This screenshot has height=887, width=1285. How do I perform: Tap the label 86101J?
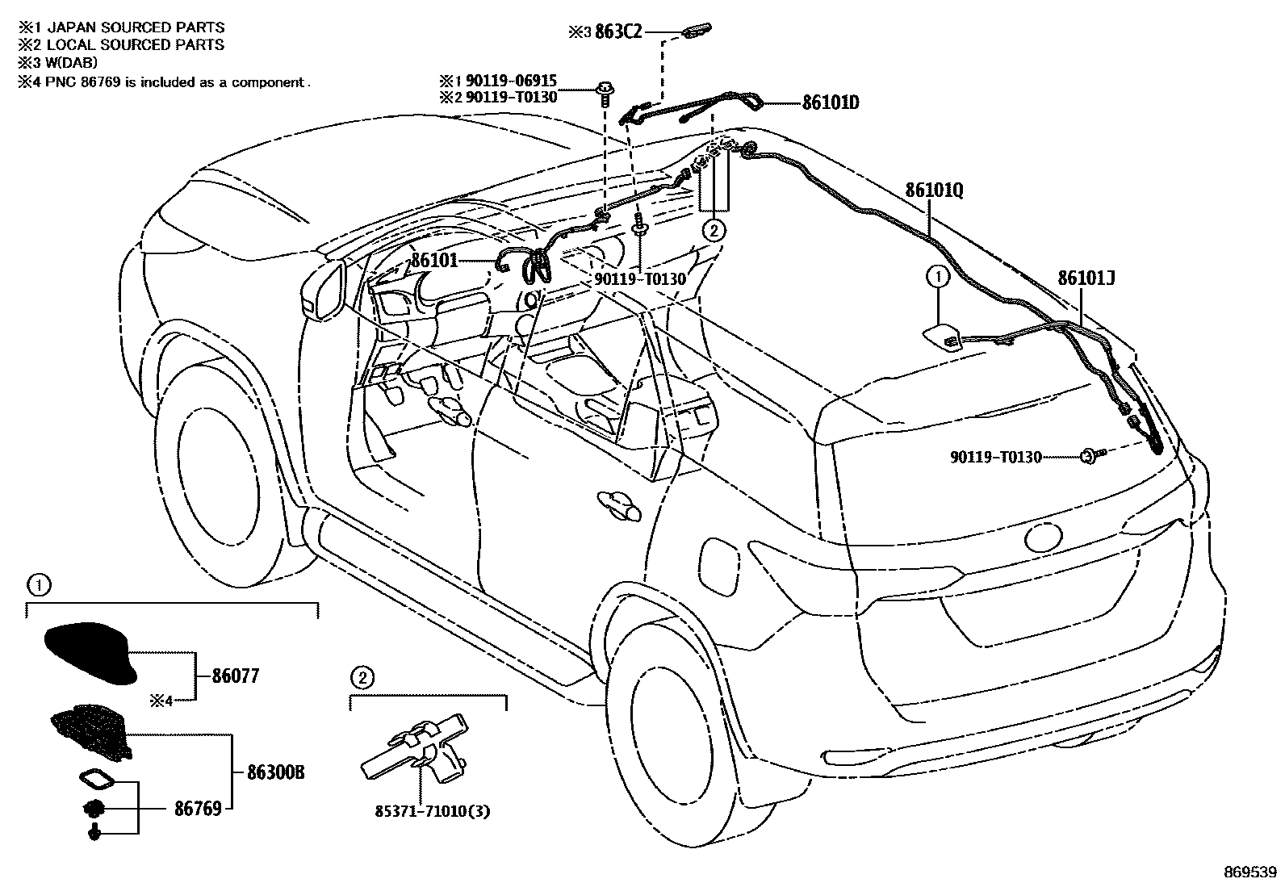coord(1086,278)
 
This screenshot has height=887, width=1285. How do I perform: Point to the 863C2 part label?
coord(619,32)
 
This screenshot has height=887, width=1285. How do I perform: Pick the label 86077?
coord(236,676)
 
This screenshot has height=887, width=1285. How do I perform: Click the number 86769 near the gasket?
coord(198,808)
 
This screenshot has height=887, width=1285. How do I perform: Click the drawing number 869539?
coord(1250,872)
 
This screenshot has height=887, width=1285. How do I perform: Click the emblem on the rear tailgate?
coord(1046,538)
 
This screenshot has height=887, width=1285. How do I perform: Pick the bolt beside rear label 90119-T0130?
coord(1090,457)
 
